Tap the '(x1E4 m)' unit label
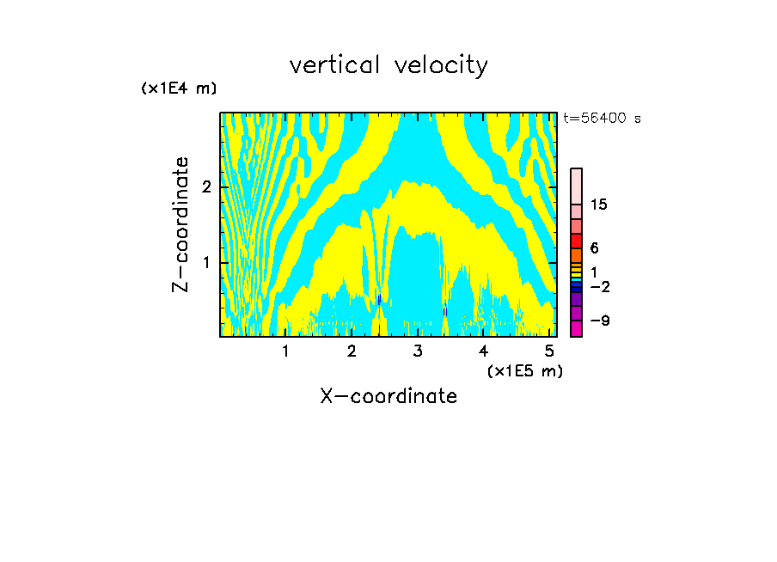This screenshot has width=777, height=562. coord(179,89)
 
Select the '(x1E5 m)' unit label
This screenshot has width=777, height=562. coord(524,370)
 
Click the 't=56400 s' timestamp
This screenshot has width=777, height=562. coord(602,119)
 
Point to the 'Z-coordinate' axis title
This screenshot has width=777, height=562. coord(180,224)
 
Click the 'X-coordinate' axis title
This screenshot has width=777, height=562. coord(388,396)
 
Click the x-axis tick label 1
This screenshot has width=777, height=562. coord(285,351)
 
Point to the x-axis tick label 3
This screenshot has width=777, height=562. coord(418,351)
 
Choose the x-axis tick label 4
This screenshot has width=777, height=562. coord(484,351)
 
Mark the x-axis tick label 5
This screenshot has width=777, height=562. coord(549,351)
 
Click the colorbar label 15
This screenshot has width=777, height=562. coord(599,205)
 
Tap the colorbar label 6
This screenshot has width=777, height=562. coord(594,248)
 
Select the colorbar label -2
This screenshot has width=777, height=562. coord(599,286)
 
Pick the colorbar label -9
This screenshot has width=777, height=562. coord(599,321)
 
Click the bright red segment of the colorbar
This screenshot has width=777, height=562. coord(576,241)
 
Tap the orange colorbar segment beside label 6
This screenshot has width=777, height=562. coord(576,255)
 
